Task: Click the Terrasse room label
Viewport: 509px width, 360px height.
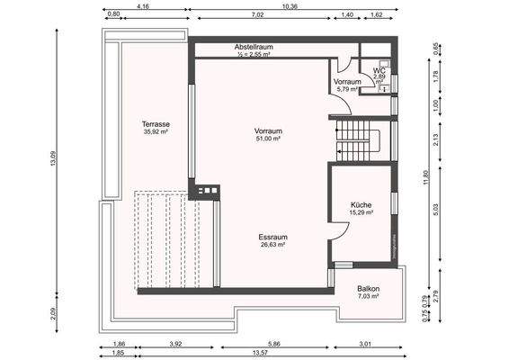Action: (156, 123)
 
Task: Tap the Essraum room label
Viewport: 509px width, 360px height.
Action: (272, 235)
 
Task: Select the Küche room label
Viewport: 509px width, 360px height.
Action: (362, 204)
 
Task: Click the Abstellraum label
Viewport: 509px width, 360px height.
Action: (254, 46)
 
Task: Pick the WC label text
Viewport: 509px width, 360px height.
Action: (380, 70)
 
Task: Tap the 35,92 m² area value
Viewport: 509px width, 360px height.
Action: (156, 131)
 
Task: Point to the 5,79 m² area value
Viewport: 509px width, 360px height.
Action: (347, 89)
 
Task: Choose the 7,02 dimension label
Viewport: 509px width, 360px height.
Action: (258, 15)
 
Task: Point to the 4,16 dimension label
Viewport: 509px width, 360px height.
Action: (142, 5)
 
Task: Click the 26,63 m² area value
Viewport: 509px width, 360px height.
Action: (272, 244)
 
